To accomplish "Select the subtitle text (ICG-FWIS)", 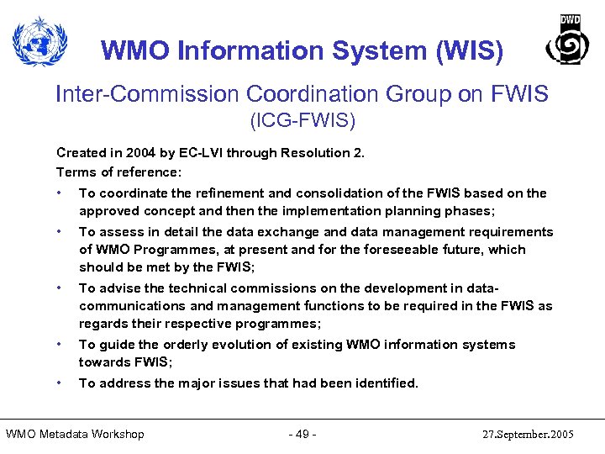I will pos(302,121).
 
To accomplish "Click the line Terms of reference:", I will pos(118,172).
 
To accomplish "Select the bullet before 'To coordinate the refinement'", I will pos(59,193).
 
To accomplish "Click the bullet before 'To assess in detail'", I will pos(59,231).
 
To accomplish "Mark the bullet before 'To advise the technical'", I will pos(59,288).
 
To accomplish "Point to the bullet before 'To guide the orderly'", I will pos(59,344).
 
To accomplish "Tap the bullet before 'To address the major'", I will pos(59,383).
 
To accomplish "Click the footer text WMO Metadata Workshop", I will pos(75,434).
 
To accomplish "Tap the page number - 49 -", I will pos(302,434).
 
